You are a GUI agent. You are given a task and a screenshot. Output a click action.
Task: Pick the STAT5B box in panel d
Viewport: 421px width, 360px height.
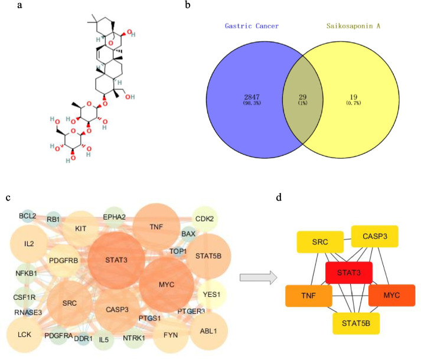357,323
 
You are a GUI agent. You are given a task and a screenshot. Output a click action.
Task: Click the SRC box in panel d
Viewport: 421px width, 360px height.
316,242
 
